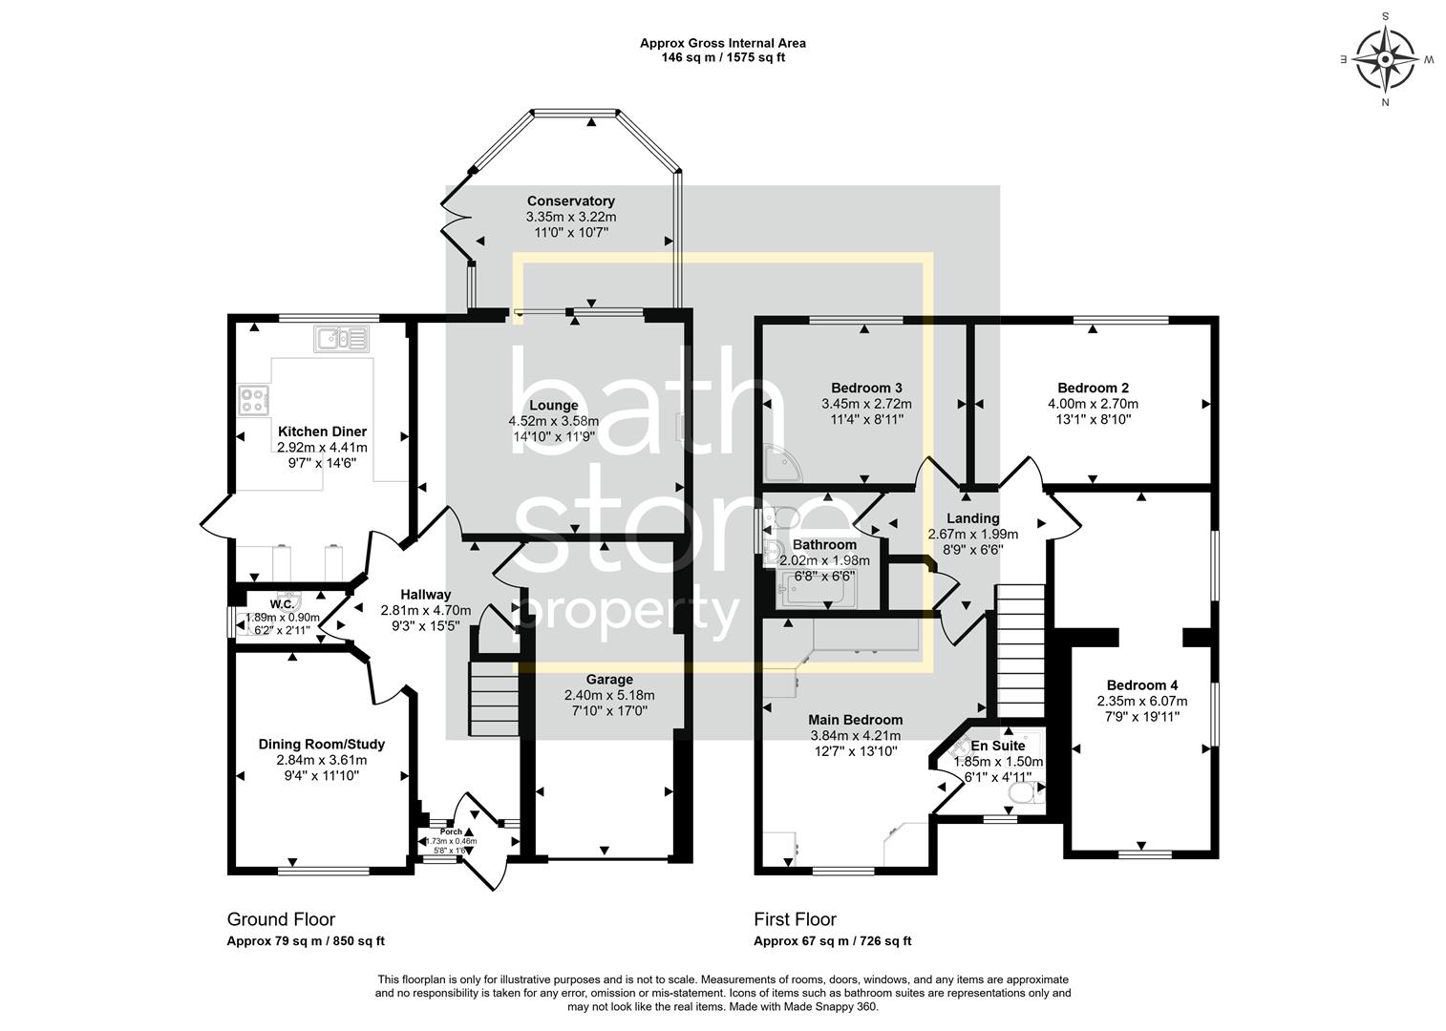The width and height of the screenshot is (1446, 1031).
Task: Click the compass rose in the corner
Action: [1385, 59]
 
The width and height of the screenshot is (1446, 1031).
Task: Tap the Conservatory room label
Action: [571, 201]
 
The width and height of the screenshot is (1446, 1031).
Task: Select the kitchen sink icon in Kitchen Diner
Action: [340, 338]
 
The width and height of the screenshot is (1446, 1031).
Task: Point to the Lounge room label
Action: [553, 406]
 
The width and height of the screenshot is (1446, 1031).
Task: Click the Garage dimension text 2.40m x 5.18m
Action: [609, 695]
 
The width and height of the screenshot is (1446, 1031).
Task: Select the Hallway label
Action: [425, 595]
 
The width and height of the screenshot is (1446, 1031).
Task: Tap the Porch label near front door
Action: [451, 831]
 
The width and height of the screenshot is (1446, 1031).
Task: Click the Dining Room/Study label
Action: [322, 745]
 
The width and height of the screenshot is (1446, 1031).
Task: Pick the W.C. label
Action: [282, 604]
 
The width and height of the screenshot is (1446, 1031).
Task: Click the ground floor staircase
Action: [493, 700]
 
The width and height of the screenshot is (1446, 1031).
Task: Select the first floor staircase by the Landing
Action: [1021, 649]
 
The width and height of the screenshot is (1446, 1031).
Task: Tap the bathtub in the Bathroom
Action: [819, 591]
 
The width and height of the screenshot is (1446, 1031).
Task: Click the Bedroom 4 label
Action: [1142, 685]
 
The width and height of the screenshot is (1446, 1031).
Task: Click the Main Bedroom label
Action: [855, 720]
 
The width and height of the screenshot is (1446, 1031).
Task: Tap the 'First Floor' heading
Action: [795, 919]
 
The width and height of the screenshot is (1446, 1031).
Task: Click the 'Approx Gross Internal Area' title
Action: [722, 43]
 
